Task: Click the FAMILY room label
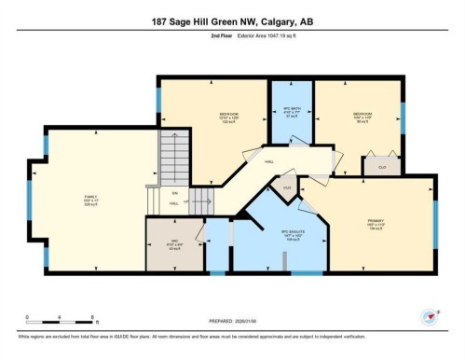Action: click(x=90, y=198)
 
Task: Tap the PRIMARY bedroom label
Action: click(x=376, y=222)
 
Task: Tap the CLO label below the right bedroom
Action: click(x=382, y=167)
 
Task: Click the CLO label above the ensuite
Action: click(x=288, y=187)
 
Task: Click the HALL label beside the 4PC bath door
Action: click(x=269, y=161)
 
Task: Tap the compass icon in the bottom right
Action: click(x=430, y=316)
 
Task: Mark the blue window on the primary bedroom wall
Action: click(x=434, y=225)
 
